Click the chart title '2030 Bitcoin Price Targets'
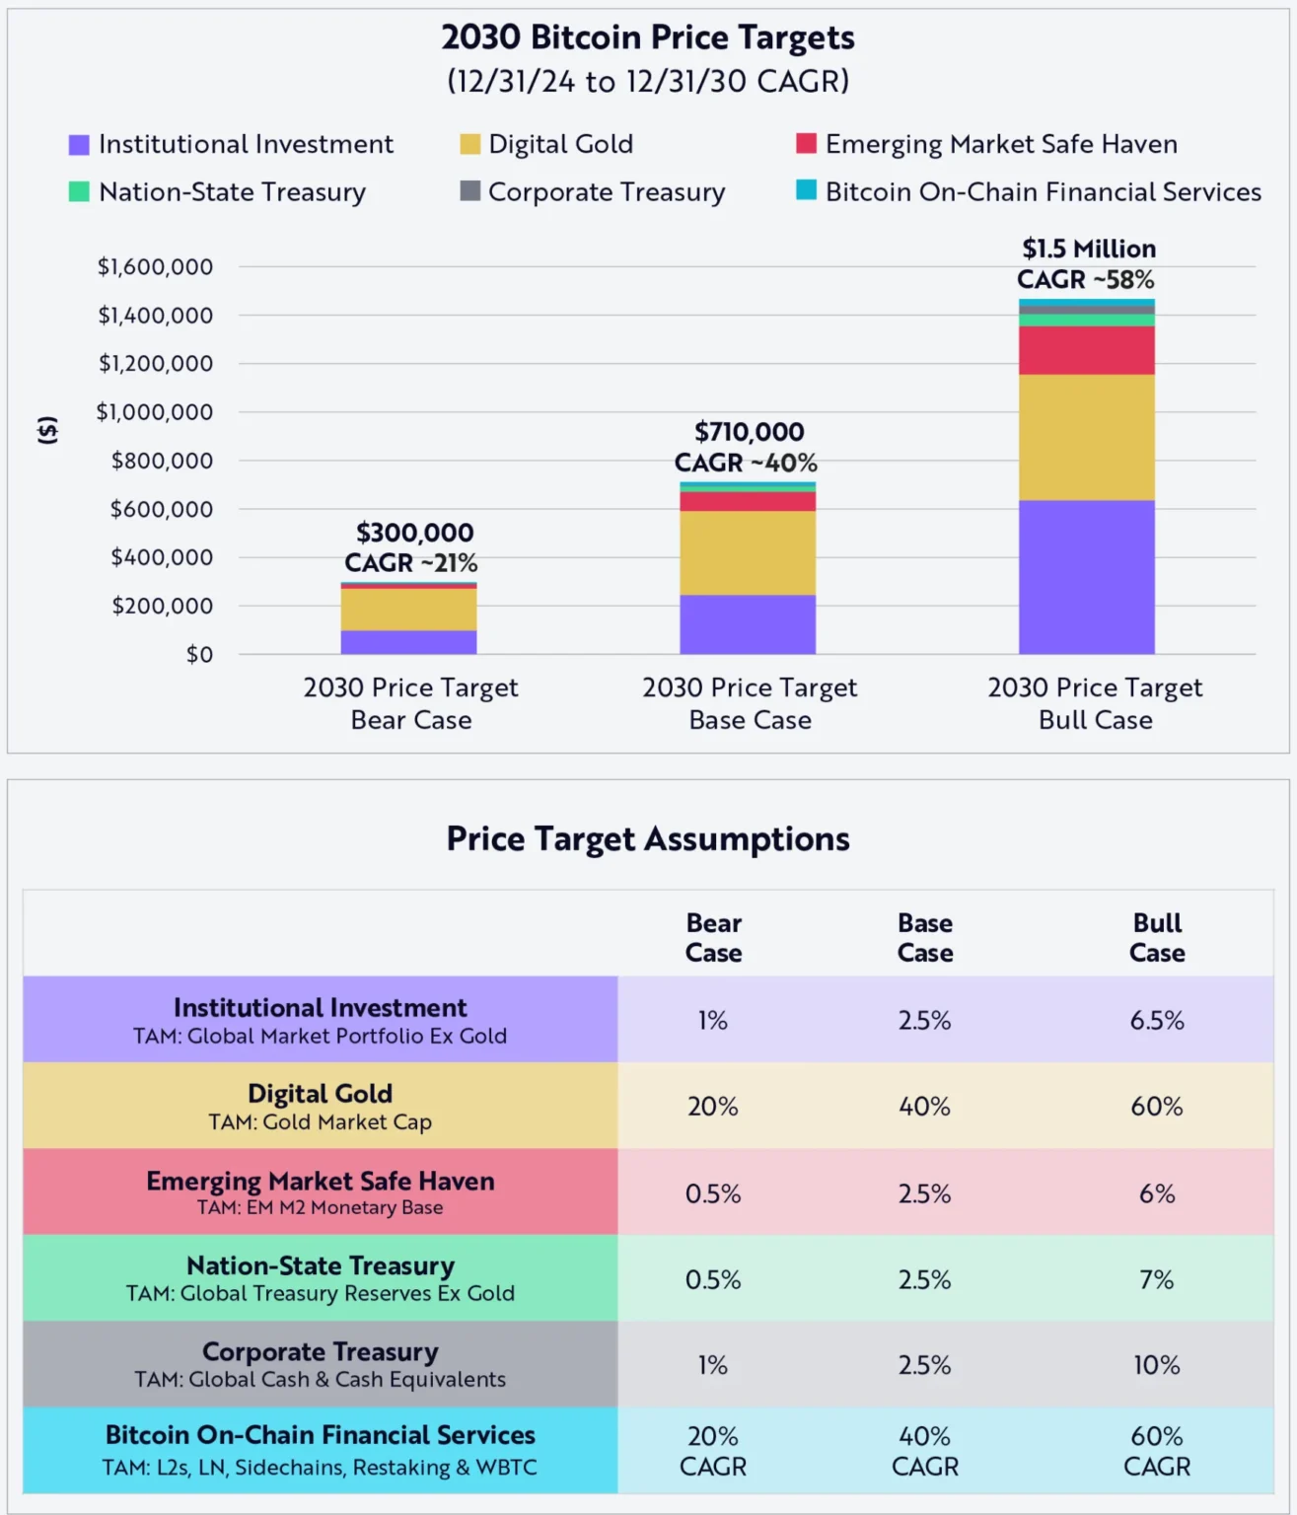coord(647,37)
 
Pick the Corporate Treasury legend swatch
coord(470,190)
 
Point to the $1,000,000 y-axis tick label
coord(155,412)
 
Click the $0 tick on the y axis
coord(199,655)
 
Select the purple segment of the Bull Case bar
coord(1086,577)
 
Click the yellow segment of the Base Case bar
coord(748,552)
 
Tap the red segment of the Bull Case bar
coord(1086,350)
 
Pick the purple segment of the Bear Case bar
coord(408,642)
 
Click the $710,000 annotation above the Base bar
coord(749,432)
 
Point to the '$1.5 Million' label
coord(1088,249)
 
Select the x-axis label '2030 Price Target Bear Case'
coord(410,703)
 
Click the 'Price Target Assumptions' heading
coord(647,838)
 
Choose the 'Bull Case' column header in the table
coord(1156,938)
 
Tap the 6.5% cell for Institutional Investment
coord(1156,1020)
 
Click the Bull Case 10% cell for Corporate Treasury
coord(1156,1365)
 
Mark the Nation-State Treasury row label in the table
coord(321,1278)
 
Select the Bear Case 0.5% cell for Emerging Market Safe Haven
coord(712,1193)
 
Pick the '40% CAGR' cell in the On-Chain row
coord(924,1451)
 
